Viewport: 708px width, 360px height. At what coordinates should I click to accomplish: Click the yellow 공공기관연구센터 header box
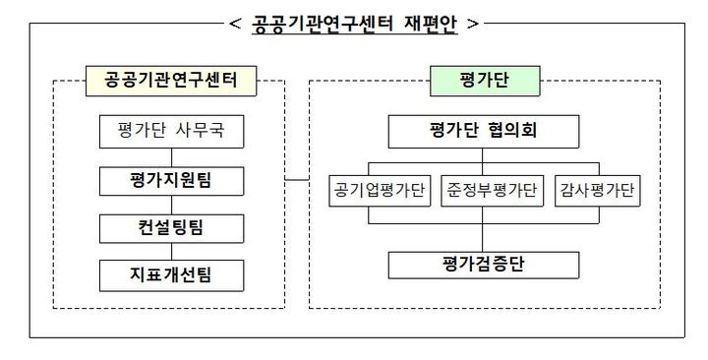coord(171,81)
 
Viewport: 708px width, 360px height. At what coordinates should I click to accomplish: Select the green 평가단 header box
coord(480,81)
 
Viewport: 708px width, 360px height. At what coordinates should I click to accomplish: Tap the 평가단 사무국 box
coord(171,131)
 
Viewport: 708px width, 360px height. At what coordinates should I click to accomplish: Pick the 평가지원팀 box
coord(171,180)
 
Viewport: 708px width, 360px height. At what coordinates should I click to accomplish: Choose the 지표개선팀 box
coord(171,274)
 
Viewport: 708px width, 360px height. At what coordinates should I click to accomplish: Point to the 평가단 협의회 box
coord(482,131)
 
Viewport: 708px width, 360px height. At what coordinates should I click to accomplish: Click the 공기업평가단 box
coord(378,191)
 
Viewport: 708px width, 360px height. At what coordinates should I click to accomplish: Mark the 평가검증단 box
coord(482,264)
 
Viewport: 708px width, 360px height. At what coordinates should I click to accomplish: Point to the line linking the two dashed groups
coord(297,179)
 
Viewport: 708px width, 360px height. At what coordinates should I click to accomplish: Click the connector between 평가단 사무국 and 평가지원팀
coord(171,155)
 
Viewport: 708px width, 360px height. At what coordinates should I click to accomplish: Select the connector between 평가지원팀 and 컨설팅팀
coord(171,204)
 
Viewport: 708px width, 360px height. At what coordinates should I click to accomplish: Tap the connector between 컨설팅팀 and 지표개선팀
coord(171,251)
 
